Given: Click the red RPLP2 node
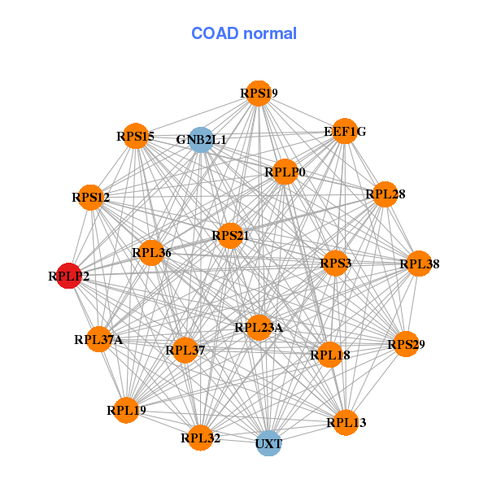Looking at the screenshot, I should click(69, 276).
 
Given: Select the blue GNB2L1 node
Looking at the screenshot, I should click(201, 140).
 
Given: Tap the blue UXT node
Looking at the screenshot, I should click(268, 443).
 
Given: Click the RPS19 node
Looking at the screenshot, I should click(259, 93).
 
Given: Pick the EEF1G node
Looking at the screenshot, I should click(345, 131).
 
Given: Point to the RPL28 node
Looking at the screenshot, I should click(386, 194).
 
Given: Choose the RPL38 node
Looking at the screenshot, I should click(419, 264).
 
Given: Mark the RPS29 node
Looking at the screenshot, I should click(406, 345).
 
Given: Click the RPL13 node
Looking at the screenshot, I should click(346, 422).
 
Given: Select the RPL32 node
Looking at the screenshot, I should click(201, 438).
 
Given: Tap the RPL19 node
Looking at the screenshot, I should click(126, 410).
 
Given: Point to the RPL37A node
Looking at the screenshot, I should click(98, 339).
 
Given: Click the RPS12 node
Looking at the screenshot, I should click(91, 197).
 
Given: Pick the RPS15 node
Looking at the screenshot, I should click(135, 136).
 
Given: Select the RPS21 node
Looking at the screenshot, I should click(230, 236).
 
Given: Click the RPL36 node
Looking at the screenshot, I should click(151, 253).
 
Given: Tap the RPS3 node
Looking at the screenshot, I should click(335, 264).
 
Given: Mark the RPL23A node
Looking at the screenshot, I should click(259, 328).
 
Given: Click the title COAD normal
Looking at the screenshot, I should click(244, 34).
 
